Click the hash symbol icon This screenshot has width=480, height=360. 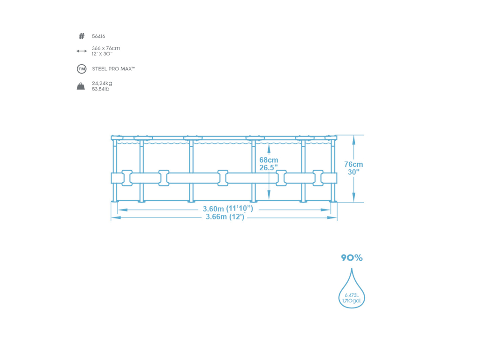(82, 36)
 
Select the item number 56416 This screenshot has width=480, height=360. (98, 36)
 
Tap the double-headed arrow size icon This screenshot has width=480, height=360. (82, 51)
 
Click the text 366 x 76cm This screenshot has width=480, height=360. (106, 48)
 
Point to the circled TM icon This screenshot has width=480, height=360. (82, 69)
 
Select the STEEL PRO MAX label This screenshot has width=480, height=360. (113, 69)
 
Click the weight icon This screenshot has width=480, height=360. (81, 86)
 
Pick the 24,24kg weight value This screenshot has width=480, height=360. (102, 83)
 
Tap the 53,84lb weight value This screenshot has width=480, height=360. (101, 89)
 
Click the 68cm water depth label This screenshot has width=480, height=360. (269, 160)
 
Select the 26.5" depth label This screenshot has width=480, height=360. (269, 167)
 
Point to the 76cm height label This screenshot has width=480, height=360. (354, 165)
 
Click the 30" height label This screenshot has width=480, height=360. (353, 172)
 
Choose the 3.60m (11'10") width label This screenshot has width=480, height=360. (228, 209)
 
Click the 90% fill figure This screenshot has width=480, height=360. (352, 258)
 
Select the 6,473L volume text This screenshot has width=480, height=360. (352, 295)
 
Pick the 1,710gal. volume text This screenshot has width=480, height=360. (352, 301)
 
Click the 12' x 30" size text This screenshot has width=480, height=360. (102, 54)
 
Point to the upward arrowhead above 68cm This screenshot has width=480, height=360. (269, 148)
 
